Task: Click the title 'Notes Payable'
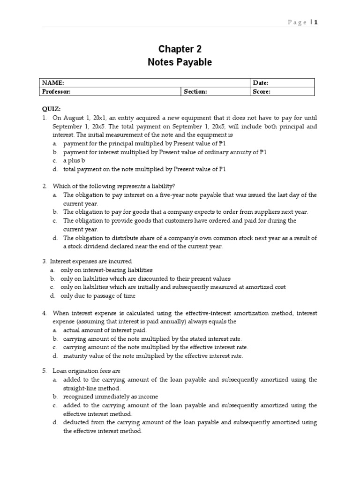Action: point(180,62)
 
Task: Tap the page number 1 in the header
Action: point(316,22)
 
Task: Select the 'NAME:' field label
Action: point(53,83)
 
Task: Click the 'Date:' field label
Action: point(260,83)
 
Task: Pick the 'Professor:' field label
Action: point(56,92)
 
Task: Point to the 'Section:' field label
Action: point(195,92)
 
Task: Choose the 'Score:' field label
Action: point(261,92)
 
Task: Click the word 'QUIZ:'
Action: point(52,109)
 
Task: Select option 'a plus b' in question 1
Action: point(75,161)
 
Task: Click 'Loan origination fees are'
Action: point(86,371)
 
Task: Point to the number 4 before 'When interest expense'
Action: point(44,313)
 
